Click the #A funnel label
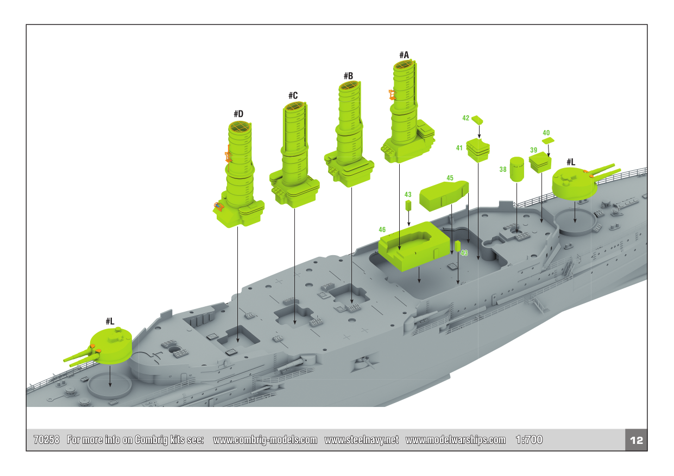pyautogui.click(x=404, y=55)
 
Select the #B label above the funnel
pyautogui.click(x=349, y=76)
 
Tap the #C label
pyautogui.click(x=293, y=96)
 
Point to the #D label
pyautogui.click(x=238, y=114)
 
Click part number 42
pyautogui.click(x=466, y=118)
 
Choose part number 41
pyautogui.click(x=459, y=148)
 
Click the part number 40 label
pyautogui.click(x=546, y=133)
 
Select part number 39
pyautogui.click(x=533, y=150)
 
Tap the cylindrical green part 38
pyautogui.click(x=516, y=169)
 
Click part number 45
pyautogui.click(x=450, y=178)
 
